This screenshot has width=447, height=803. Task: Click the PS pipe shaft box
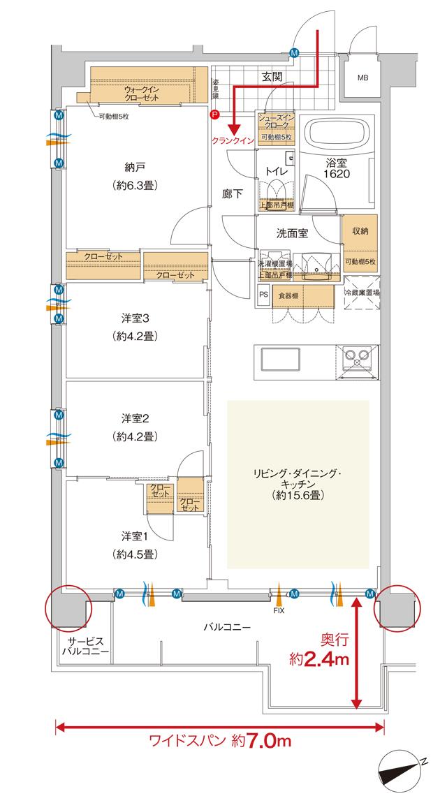[x=263, y=295]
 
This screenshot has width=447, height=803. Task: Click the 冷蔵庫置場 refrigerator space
[x=362, y=294]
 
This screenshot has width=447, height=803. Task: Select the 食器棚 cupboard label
[x=286, y=295]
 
